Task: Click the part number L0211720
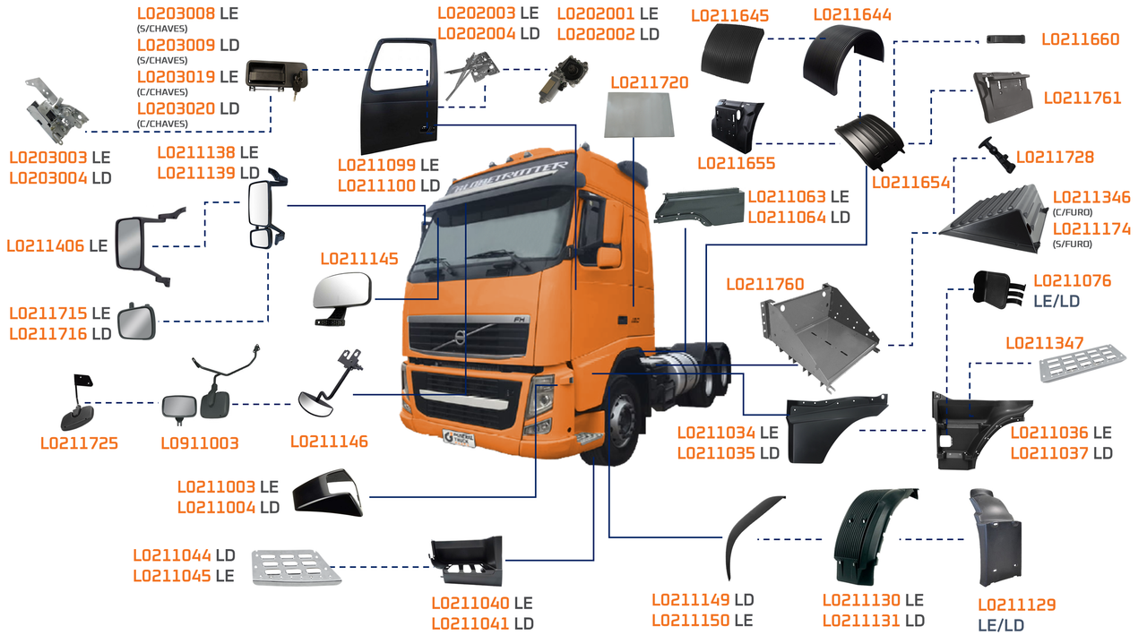[649, 82]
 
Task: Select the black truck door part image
[401, 96]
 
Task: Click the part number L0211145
[359, 259]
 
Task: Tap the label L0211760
[764, 285]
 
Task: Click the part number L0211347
[1045, 343]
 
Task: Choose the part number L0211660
[1081, 39]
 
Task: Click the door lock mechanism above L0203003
[56, 111]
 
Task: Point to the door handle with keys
[277, 75]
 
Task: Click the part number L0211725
[80, 443]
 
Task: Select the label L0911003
[200, 443]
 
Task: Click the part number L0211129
[1016, 605]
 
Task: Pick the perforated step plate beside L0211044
[295, 567]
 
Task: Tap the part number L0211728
[1055, 158]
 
